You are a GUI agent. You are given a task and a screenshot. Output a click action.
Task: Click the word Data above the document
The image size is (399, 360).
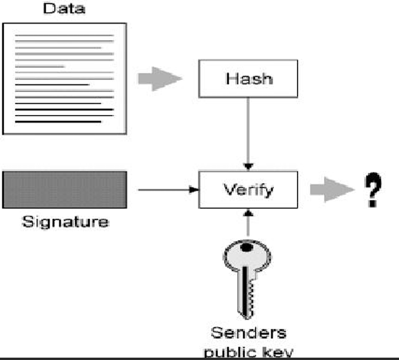click(64, 8)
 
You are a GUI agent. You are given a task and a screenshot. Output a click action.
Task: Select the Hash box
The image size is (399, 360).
click(248, 78)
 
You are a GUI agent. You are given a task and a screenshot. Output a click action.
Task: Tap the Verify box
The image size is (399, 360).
click(248, 190)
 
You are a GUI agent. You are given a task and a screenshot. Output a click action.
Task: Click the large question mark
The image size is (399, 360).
click(373, 189)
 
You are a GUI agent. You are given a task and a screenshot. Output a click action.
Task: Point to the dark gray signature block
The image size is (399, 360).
click(65, 190)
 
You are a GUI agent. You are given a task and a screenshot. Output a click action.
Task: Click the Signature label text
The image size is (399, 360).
click(66, 222)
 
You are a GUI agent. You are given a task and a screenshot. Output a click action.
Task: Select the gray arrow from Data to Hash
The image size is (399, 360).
click(160, 79)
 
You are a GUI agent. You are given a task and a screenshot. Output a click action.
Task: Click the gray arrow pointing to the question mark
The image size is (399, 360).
click(332, 190)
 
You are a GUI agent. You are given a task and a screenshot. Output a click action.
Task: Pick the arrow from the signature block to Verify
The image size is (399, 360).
click(168, 190)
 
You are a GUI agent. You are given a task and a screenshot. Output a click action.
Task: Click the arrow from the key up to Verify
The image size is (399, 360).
click(248, 223)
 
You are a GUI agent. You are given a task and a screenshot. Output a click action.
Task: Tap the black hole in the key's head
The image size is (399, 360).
click(247, 247)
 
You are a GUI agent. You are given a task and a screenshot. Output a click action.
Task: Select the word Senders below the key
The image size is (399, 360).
click(248, 333)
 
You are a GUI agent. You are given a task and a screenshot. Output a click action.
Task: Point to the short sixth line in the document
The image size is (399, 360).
click(40, 67)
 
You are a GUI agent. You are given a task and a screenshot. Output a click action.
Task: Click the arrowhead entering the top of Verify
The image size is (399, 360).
click(248, 167)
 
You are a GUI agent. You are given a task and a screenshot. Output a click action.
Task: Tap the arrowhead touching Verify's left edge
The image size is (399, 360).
click(194, 190)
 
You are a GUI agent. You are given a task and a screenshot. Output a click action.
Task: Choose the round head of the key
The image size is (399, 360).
click(247, 254)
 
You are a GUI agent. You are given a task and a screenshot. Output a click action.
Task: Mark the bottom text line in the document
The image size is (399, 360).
click(58, 122)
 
